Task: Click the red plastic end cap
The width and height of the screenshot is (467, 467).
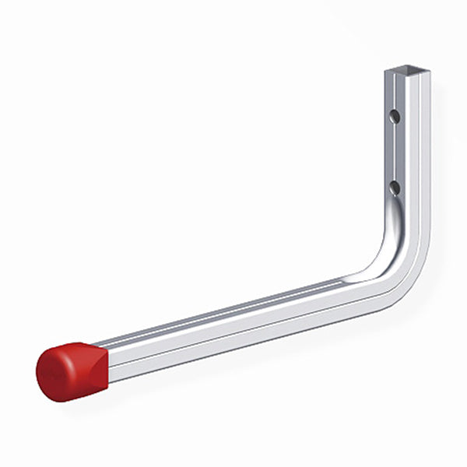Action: pos(70,370)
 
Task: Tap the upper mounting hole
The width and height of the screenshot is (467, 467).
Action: pos(395,117)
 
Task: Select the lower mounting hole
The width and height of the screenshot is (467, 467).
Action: pos(395,187)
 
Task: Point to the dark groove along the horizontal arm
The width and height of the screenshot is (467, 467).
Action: pos(233,311)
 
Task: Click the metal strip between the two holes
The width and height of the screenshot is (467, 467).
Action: pos(395,152)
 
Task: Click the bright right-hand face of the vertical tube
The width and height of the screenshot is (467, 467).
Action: pos(420,156)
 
